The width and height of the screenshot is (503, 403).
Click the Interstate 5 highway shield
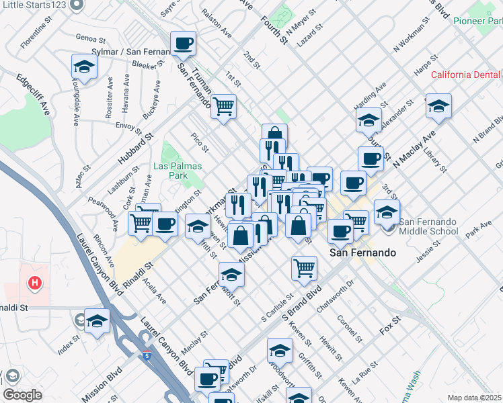pyautogui.click(x=147, y=353)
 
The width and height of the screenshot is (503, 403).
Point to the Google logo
pyautogui.click(x=22, y=395)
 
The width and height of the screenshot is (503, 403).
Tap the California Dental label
pyautogui.click(x=466, y=75)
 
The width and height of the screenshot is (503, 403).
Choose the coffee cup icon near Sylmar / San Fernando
pyautogui.click(x=184, y=44)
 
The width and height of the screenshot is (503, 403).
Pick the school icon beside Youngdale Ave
pyautogui.click(x=84, y=66)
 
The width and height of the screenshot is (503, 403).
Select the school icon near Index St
pyautogui.click(x=97, y=321)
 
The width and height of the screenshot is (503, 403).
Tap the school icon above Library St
pyautogui.click(x=438, y=106)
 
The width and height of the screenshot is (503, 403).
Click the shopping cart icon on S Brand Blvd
pyautogui.click(x=304, y=268)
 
